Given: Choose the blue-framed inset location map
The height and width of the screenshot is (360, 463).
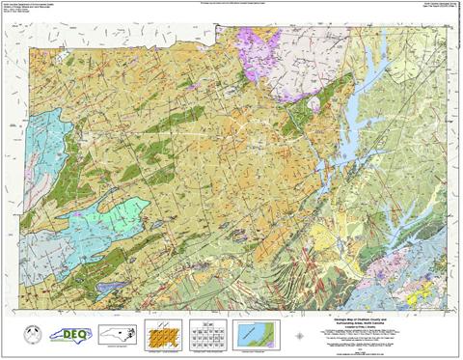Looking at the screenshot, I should (x=254, y=333).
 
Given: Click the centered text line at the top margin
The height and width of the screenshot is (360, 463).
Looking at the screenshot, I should (x=231, y=3).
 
